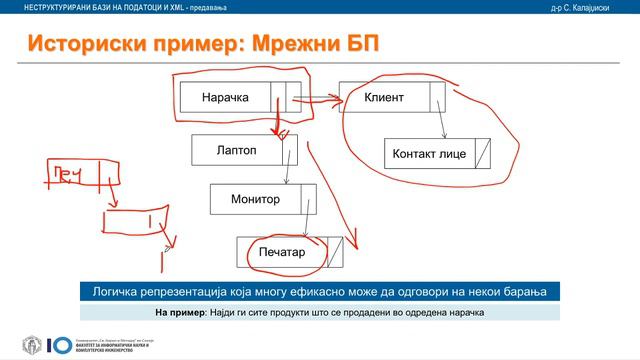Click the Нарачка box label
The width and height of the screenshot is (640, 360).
click(x=224, y=98)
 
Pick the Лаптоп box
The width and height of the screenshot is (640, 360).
click(x=236, y=149)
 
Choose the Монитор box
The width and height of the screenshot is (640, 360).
click(x=254, y=199)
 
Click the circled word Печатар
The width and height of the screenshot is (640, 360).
click(x=280, y=252)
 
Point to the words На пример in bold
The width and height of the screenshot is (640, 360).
click(x=180, y=312)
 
